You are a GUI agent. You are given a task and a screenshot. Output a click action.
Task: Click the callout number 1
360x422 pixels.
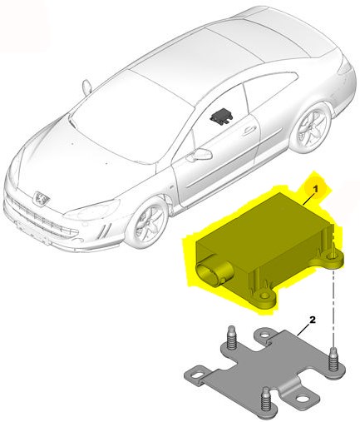click(x=315, y=190)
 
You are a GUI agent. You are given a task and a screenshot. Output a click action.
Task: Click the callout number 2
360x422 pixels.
click(x=313, y=320)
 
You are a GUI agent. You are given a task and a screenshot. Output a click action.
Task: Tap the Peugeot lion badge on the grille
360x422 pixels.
click(x=42, y=197)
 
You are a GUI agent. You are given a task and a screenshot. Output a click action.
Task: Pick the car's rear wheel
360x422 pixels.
click(x=313, y=127)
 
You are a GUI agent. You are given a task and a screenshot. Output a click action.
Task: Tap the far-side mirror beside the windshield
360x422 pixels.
click(x=87, y=87)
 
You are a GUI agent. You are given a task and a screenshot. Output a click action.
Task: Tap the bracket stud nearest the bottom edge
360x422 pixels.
click(x=266, y=399)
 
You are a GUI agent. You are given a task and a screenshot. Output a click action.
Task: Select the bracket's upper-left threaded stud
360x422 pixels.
click(x=230, y=338)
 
